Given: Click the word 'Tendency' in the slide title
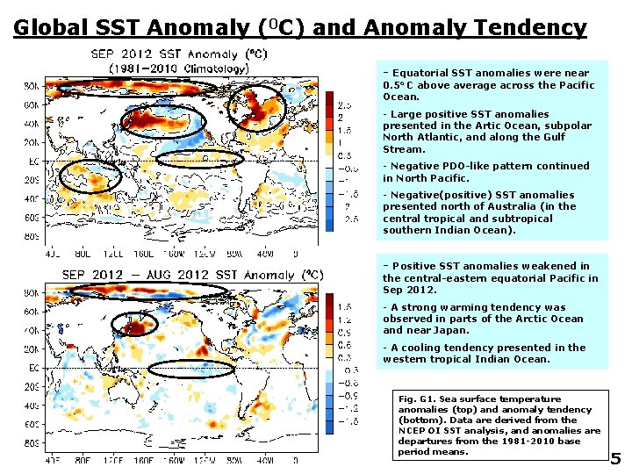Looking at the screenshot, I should pyautogui.click(x=530, y=27).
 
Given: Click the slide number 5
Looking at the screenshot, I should pyautogui.click(x=615, y=458).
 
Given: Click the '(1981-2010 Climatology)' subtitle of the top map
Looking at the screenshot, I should pyautogui.click(x=178, y=68).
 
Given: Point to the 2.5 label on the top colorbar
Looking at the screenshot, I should pyautogui.click(x=346, y=104).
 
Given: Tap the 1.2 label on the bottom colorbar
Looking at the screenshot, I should pyautogui.click(x=346, y=321).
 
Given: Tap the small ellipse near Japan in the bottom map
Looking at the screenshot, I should pyautogui.click(x=134, y=323).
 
